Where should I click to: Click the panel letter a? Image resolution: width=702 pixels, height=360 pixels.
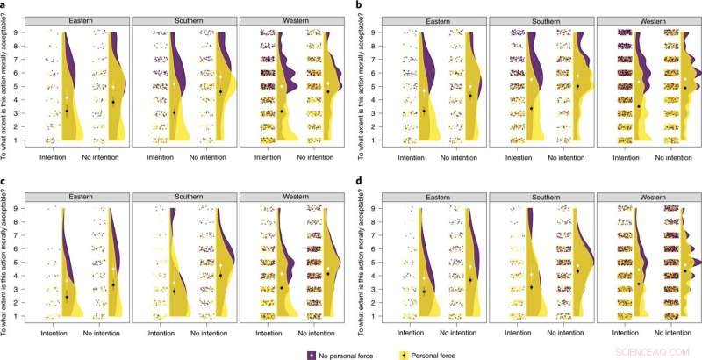pyautogui.click(x=4, y=6)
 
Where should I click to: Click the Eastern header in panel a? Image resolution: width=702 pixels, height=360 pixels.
pyautogui.click(x=76, y=19)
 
